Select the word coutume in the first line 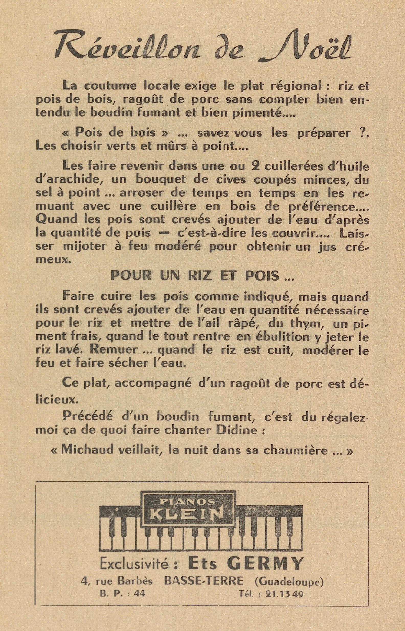110,86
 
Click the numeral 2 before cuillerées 255,167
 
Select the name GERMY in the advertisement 265,564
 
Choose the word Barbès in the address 135,581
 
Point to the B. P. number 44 139,594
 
